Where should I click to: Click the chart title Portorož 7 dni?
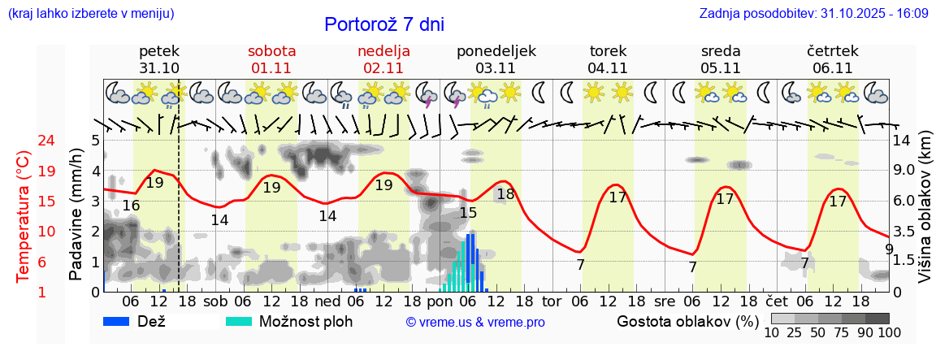pos(384,24)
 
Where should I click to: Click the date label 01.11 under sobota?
pos(271,68)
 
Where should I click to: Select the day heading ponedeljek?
pos(496,51)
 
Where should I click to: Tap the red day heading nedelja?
pos(383,51)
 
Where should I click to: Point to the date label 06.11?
pos(832,68)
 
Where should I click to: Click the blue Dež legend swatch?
pos(118,321)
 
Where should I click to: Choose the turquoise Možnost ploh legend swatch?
pos(240,321)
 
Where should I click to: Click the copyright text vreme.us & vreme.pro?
pos(475,322)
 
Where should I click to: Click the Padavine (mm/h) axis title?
pos(76,215)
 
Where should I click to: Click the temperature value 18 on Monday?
pos(505,193)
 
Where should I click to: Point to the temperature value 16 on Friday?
pos(131,206)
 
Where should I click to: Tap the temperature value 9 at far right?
pos(889,249)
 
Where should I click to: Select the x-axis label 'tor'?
pos(552,301)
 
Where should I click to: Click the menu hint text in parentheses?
pos(90,14)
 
